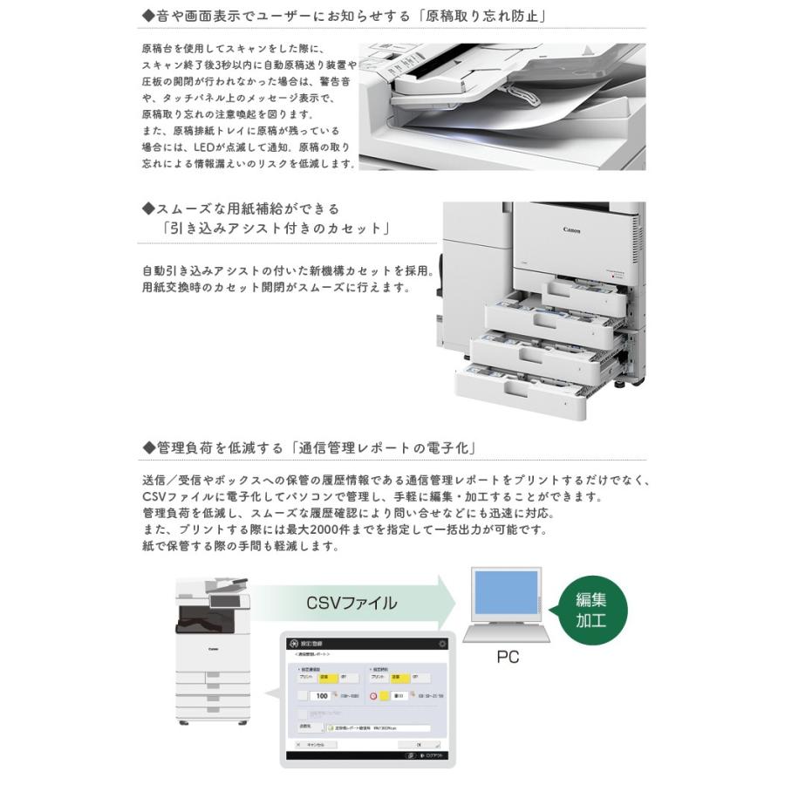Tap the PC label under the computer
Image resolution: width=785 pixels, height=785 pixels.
pos(507,656)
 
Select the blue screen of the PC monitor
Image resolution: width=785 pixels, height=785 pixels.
pos(505,592)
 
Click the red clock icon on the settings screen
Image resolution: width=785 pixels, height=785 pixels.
pos(373,696)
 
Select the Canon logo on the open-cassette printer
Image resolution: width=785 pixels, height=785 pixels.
pos(570,232)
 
